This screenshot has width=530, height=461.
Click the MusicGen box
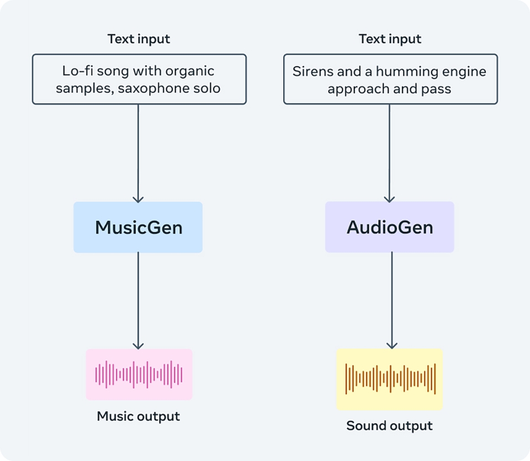tap(138, 227)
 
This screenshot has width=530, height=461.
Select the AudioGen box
tap(390, 227)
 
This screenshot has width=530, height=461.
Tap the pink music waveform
tap(139, 374)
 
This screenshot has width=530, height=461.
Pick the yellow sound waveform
tap(390, 379)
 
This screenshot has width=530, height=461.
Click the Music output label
tap(139, 416)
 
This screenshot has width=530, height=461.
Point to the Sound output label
tap(390, 426)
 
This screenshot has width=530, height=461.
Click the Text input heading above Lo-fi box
tap(139, 39)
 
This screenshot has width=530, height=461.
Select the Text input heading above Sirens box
tap(390, 39)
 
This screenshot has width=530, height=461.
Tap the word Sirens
tap(309, 72)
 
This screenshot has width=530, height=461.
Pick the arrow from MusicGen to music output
tap(138, 301)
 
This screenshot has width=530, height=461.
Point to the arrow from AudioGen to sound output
tap(391, 301)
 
